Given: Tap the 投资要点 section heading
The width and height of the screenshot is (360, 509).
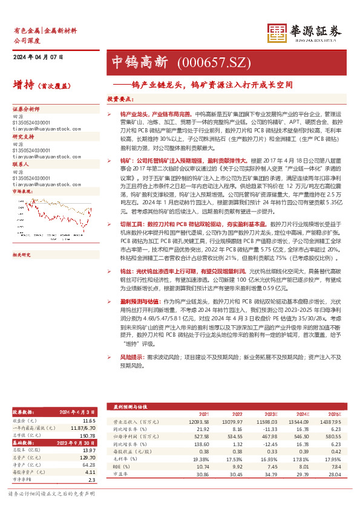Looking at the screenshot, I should click(120, 99).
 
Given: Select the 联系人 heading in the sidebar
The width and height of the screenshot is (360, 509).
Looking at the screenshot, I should click(21, 164).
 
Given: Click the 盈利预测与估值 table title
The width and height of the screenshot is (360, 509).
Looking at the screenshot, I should click(129, 408).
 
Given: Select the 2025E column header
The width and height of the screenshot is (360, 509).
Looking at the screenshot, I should click(327, 415).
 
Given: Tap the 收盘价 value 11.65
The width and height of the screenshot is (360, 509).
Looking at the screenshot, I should click(90, 420).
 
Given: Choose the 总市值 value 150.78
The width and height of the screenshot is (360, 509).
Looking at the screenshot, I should click(89, 435).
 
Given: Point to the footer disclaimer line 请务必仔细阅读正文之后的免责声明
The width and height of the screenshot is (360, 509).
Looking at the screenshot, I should click(51, 494).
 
